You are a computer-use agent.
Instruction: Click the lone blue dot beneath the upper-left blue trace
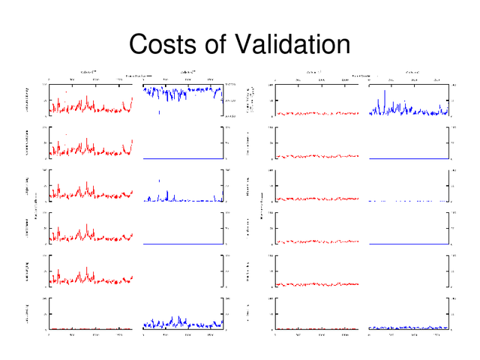point(159,112)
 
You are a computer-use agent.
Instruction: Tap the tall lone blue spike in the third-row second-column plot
point(159,181)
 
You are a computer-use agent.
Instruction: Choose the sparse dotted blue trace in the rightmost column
point(409,201)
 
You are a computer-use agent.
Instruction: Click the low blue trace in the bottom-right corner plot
point(409,328)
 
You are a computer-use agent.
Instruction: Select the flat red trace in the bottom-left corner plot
point(90,328)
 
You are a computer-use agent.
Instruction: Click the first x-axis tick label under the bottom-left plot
point(49,334)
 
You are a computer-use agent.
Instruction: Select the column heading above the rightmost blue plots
point(412,72)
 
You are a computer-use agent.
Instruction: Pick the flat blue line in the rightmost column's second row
point(409,159)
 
